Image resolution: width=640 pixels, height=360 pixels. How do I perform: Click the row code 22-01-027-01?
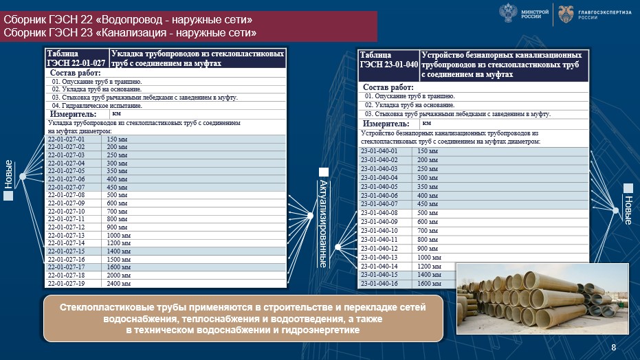66,139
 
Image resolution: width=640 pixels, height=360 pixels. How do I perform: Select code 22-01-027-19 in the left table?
66,283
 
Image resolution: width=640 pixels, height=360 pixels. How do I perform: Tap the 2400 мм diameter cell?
118,283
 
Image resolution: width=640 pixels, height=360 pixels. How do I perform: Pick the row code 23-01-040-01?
379,150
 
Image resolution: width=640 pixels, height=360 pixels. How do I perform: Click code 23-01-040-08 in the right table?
379,213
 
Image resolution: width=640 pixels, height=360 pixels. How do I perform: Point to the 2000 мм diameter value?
118,275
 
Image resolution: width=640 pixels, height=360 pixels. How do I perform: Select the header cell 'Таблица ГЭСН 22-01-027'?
76,58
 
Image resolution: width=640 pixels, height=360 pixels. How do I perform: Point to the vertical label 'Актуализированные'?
323,223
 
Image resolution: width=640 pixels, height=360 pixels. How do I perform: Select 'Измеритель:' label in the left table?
73,114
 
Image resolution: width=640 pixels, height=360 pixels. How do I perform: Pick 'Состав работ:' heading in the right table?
388,87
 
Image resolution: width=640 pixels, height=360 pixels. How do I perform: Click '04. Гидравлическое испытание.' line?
96,106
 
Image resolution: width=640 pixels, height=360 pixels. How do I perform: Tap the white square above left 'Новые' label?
8,196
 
